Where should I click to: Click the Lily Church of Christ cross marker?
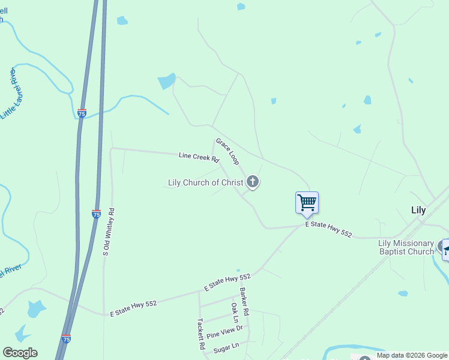(253, 181)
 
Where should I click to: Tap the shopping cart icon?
(307, 202)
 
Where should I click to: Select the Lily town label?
(418, 210)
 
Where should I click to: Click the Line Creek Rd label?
(199, 158)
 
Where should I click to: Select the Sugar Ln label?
(226, 346)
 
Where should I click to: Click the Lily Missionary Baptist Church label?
(406, 247)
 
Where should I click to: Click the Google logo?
(20, 353)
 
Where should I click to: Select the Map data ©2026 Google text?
(412, 355)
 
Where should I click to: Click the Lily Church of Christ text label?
(206, 182)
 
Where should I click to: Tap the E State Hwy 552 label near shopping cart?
(328, 228)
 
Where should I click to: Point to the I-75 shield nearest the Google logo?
(66, 339)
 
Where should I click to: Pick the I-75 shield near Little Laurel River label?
(82, 112)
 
